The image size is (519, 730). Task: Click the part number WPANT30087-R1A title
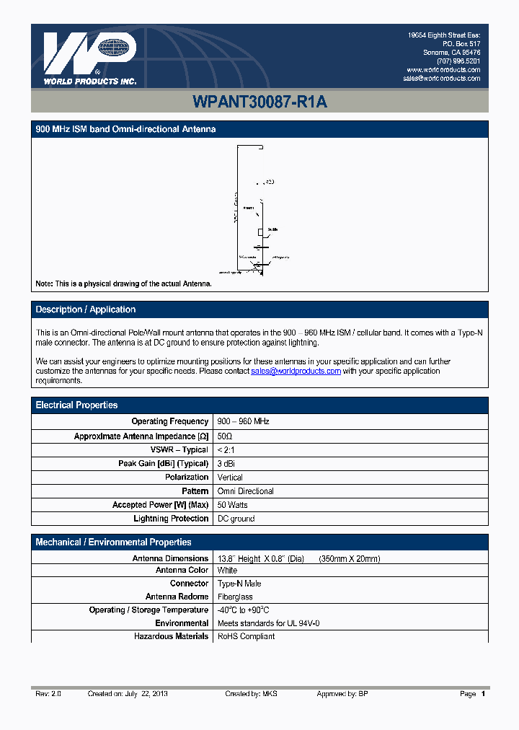click(259, 102)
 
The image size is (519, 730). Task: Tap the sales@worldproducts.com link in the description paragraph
click(296, 371)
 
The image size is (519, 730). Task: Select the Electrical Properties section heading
click(76, 405)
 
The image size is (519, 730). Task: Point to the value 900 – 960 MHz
click(243, 421)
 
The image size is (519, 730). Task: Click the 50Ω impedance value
click(225, 436)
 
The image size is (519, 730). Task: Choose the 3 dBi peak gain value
click(228, 464)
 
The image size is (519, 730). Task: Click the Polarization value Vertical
click(230, 478)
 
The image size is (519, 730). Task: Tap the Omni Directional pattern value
click(245, 491)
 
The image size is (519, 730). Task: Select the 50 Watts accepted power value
click(232, 505)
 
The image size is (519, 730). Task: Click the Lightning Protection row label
click(171, 519)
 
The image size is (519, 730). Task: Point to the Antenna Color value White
click(228, 571)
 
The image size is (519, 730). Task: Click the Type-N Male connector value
click(239, 584)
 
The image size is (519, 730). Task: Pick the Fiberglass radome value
click(235, 597)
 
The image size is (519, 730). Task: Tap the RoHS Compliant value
click(246, 636)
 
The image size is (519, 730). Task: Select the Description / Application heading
click(86, 309)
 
